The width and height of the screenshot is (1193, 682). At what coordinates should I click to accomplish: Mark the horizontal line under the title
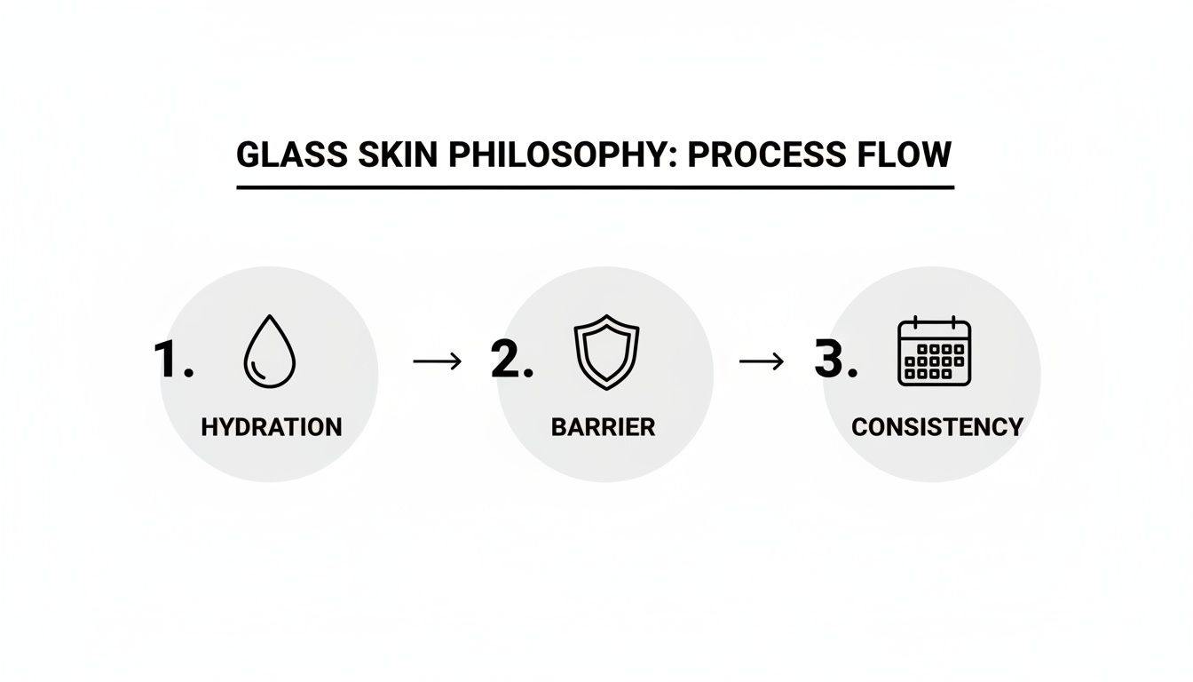pos(595,187)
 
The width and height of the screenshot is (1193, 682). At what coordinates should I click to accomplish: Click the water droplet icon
pos(269,353)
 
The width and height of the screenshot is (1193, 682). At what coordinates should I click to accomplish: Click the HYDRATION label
pos(271,427)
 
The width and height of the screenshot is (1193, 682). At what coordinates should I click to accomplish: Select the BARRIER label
pos(603,427)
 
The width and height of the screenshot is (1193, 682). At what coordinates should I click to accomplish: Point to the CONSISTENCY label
pos(936,427)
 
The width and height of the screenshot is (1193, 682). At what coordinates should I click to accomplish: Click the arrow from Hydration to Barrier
pos(438,360)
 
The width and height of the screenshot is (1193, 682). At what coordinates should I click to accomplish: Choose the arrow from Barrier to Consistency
pos(762,360)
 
